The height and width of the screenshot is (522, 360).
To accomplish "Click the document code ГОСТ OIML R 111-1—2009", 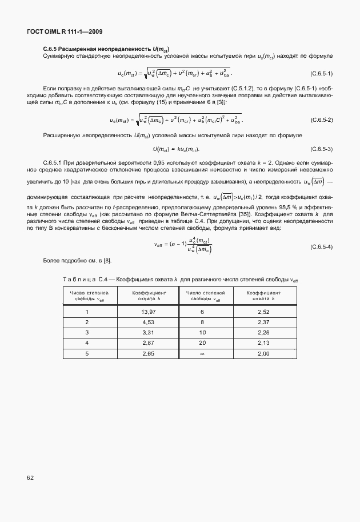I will point(65,31).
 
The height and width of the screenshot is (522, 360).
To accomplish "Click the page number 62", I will point(29,477).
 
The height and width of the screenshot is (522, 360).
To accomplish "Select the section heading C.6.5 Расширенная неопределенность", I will point(106,48).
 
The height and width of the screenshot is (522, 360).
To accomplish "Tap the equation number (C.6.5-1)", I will point(321,74).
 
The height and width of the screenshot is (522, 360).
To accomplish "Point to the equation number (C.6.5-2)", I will point(321,120).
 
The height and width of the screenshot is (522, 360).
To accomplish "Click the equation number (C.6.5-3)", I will point(321,149).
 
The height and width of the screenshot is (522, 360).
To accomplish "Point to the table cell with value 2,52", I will point(263,312).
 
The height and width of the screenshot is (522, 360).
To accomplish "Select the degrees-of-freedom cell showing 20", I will point(202,342).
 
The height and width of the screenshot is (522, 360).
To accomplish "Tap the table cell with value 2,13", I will point(263,342).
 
